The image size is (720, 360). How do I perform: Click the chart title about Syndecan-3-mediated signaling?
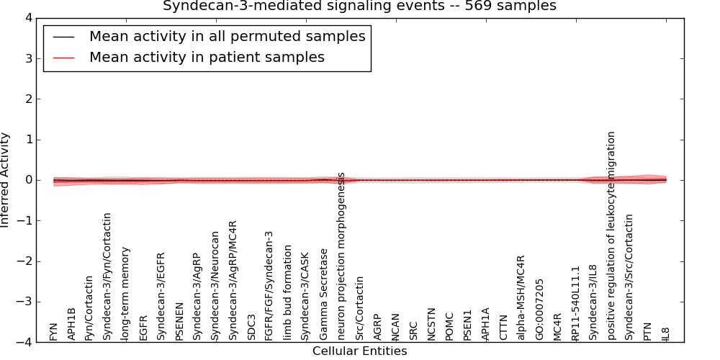[359, 6]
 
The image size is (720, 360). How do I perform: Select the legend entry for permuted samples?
[227, 37]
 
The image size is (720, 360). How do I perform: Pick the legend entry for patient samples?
[207, 58]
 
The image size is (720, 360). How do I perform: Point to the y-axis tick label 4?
[28, 18]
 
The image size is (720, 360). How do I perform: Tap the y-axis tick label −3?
[25, 302]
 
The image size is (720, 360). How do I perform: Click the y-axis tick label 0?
[28, 180]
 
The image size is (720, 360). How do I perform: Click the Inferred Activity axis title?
[6, 180]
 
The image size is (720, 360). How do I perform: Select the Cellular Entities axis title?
[359, 351]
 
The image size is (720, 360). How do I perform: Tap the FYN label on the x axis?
[54, 331]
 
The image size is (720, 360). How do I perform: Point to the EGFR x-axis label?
[144, 327]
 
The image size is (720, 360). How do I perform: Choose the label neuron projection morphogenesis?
[342, 256]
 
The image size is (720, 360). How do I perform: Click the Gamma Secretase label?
[324, 294]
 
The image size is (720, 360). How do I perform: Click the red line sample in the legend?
[63, 58]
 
